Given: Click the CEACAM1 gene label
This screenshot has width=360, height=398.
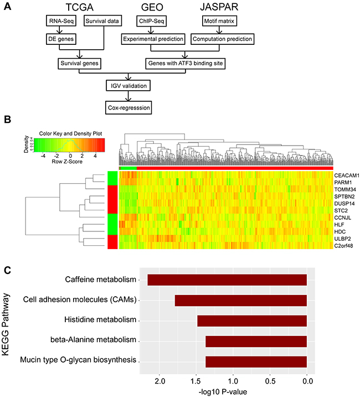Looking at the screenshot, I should (347, 175).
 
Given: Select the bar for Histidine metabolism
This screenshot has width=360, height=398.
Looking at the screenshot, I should (252, 321).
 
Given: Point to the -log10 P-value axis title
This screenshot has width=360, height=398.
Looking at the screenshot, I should (227, 392).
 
